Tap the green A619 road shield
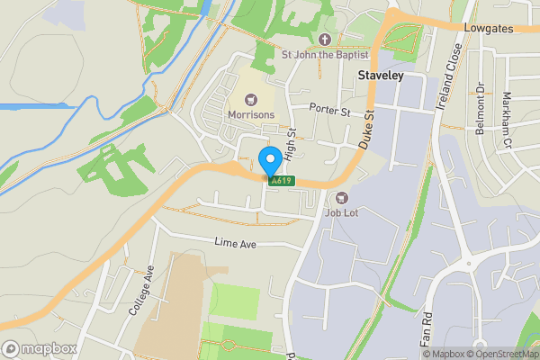[x=280, y=181]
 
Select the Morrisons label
[x=251, y=116]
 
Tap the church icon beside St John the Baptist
[x=325, y=39]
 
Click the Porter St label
[x=328, y=110]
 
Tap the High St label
[x=290, y=144]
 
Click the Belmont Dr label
[x=480, y=109]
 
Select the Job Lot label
[x=341, y=213]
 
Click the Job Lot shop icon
[x=341, y=198]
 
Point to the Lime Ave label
[x=235, y=242]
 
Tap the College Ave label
[x=142, y=290]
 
